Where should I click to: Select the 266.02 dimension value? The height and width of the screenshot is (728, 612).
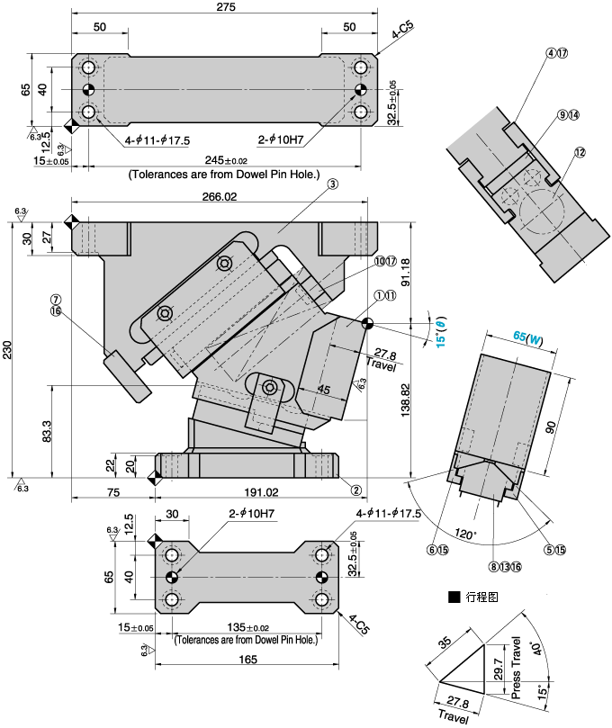pyautogui.click(x=220, y=197)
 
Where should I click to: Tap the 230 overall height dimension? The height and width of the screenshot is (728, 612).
pyautogui.click(x=8, y=355)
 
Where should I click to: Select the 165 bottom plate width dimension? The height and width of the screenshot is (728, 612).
pyautogui.click(x=248, y=660)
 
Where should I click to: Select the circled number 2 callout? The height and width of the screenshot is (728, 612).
pyautogui.click(x=355, y=490)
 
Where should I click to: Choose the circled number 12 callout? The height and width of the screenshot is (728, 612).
pyautogui.click(x=580, y=153)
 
